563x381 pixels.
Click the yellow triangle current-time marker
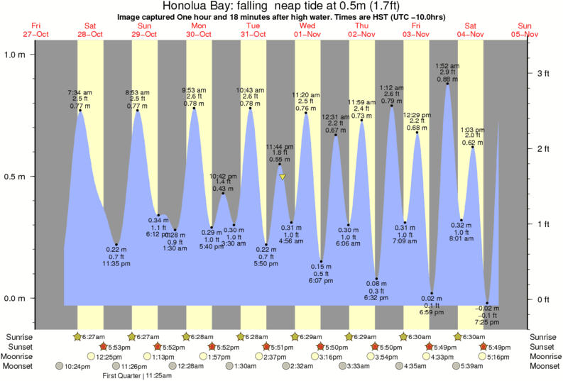(x=283, y=177)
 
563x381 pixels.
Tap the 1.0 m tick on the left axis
(x=15, y=55)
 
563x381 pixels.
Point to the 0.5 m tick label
(x=15, y=177)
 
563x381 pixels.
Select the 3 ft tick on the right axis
(x=544, y=73)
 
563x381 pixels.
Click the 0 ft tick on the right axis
(x=544, y=299)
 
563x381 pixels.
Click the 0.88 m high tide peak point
(x=447, y=84)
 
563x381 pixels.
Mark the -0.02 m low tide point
(x=487, y=303)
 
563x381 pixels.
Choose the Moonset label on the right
(x=544, y=366)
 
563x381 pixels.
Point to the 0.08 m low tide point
(x=376, y=279)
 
